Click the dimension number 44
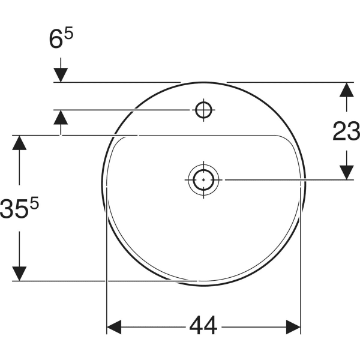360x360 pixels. [203, 326]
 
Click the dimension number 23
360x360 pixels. [346, 131]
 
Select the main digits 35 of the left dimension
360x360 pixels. [13, 209]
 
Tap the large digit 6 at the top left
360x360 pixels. [56, 39]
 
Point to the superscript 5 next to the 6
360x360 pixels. [68, 32]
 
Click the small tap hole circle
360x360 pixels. [203, 110]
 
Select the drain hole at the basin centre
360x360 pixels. [203, 180]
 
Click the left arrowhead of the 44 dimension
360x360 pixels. [114, 327]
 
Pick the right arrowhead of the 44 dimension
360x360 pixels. [293, 327]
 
